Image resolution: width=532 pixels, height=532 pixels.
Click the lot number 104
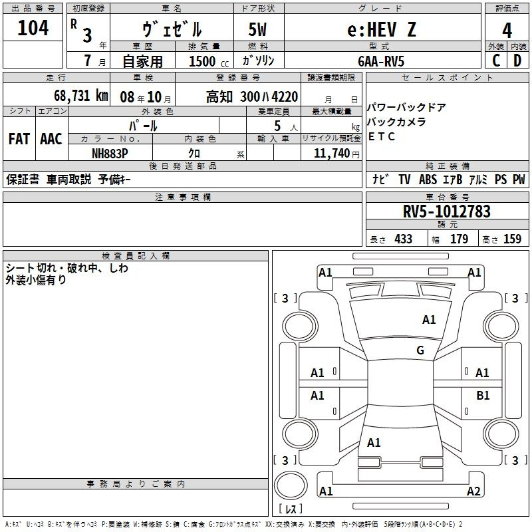click(x=33, y=28)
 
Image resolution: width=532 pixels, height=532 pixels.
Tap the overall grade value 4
click(x=507, y=31)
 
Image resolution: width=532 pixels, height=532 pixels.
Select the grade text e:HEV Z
click(x=382, y=29)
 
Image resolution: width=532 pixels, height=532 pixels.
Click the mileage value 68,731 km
click(x=81, y=96)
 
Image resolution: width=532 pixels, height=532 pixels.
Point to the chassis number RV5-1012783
click(x=446, y=211)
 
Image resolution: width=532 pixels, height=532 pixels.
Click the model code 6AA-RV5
click(x=381, y=61)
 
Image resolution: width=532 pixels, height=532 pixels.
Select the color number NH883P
click(x=110, y=154)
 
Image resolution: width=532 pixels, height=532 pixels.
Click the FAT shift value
click(x=19, y=139)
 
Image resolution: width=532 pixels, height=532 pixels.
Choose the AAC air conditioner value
click(x=51, y=139)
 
